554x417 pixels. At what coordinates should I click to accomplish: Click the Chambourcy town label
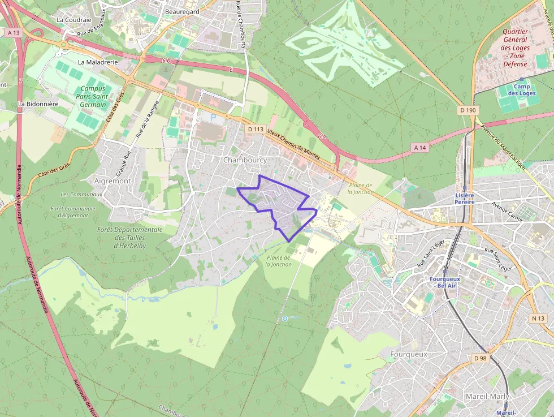[x=245, y=160]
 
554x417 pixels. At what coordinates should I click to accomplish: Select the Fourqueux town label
[x=409, y=354]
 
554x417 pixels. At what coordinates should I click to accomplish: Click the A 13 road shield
[x=14, y=33]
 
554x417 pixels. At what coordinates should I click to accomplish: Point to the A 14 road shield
[x=419, y=147]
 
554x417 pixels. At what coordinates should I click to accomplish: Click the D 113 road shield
[x=256, y=129]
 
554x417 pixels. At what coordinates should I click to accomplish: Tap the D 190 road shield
[x=468, y=110]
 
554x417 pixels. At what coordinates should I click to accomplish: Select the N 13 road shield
[x=538, y=319]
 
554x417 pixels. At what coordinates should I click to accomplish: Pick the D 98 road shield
[x=480, y=358]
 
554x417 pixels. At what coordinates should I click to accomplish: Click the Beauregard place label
[x=182, y=11]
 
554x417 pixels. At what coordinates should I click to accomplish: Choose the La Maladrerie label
[x=98, y=62]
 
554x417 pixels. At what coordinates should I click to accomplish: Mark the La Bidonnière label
[x=38, y=104]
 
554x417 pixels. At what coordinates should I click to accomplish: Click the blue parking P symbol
[x=213, y=118]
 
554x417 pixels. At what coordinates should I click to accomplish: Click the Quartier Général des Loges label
[x=515, y=48]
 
